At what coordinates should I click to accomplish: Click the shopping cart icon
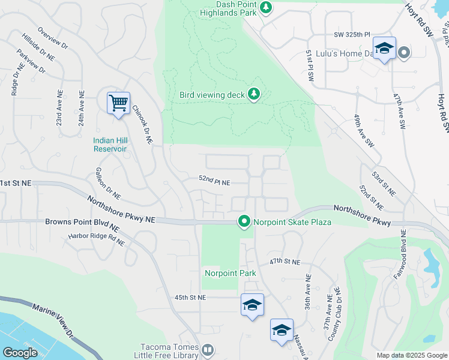click(118, 103)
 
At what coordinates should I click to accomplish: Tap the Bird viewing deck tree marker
click(254, 94)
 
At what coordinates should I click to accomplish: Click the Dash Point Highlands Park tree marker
click(266, 8)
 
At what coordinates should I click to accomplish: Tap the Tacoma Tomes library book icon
click(207, 349)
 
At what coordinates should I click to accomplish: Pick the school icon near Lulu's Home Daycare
click(384, 48)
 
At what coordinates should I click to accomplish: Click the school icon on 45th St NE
click(252, 305)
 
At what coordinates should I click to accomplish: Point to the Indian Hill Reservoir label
click(109, 145)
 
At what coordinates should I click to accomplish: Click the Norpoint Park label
click(231, 274)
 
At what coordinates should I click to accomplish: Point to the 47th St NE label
click(284, 262)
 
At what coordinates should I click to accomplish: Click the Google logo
click(20, 353)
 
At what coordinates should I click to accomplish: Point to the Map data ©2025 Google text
click(411, 355)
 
